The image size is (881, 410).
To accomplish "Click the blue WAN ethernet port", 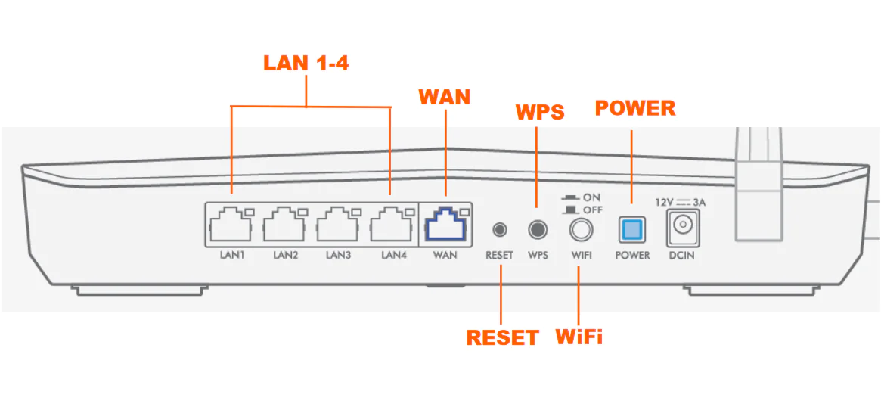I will coord(445,225).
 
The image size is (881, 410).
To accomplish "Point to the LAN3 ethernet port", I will coord(338,225).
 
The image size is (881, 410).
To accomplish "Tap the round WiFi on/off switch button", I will coord(581,228).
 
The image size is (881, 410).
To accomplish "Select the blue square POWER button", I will coord(631,229).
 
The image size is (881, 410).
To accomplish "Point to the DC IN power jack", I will coord(681,228).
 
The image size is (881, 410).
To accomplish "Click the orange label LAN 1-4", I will coord(306,63).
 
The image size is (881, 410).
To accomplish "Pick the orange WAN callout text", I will coord(445,97).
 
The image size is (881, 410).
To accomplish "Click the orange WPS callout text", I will coord(540,112).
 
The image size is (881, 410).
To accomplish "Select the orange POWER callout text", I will coord(635,108).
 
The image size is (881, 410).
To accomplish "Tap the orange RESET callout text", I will coord(502,337).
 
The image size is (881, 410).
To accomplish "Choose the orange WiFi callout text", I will coord(579,336).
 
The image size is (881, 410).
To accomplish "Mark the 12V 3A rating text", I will coord(681,202).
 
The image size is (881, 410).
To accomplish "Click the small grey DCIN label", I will coord(681,256).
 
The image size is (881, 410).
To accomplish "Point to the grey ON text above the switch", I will coord(592,197).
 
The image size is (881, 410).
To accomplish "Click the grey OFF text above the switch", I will coord(593,210).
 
